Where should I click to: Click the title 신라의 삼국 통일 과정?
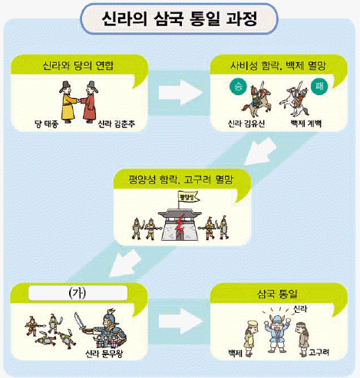[180, 18]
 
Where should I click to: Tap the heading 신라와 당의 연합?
[78, 65]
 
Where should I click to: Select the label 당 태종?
[47, 124]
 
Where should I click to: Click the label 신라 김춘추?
[117, 124]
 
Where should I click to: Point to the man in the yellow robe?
[68, 102]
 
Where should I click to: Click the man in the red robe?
[90, 102]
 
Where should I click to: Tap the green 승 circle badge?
[238, 87]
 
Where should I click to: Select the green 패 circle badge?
[319, 87]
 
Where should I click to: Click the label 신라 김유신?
[246, 124]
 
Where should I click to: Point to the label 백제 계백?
[306, 124]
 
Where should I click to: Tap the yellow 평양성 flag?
[189, 197]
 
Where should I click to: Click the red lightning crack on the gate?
[180, 225]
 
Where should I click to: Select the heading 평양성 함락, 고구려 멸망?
[181, 179]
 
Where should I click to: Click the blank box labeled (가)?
[78, 293]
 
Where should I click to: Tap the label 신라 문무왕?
[104, 353]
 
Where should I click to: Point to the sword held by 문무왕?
[81, 321]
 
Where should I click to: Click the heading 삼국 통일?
[277, 294]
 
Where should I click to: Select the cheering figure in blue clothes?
[277, 334]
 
